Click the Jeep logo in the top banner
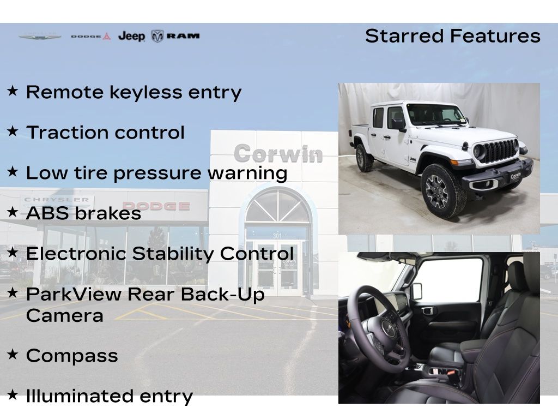[132, 36]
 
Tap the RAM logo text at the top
[183, 36]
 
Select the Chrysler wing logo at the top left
[40, 36]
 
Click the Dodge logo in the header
[91, 37]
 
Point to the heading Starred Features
[453, 36]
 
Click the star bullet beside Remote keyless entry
[13, 91]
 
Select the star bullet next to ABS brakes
[13, 212]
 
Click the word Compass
[72, 356]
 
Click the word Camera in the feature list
[65, 316]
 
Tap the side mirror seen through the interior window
[417, 291]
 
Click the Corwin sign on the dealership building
[278, 154]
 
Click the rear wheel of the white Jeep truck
[365, 158]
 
